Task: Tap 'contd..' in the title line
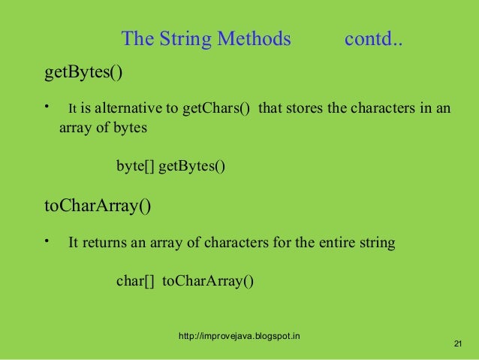point(373,38)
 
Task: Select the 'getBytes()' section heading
point(83,74)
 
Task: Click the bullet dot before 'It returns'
point(47,241)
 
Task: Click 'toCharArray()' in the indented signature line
point(208,282)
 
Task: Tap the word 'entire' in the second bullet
point(336,244)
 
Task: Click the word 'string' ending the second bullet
point(377,244)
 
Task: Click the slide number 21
point(459,343)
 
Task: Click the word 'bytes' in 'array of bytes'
point(131,128)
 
